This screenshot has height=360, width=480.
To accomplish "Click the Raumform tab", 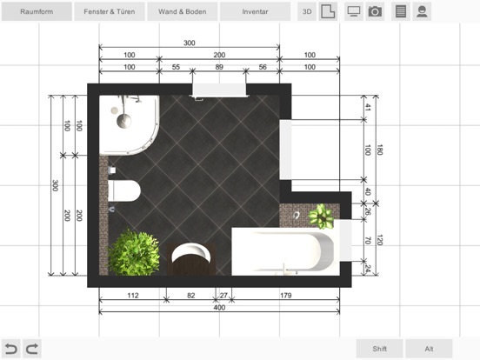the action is (x=37, y=11).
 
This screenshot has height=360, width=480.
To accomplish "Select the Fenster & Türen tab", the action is (x=110, y=11).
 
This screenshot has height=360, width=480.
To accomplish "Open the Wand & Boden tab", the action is (x=182, y=11).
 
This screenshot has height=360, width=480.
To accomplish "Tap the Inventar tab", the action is (x=255, y=11).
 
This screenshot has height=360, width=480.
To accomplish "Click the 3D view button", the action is (x=307, y=11).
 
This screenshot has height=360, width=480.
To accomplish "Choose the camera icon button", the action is (x=375, y=11).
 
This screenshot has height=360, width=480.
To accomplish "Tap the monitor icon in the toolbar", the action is (x=354, y=11).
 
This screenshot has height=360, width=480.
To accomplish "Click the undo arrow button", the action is (x=11, y=349).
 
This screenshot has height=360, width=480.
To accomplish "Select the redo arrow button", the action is (x=32, y=349).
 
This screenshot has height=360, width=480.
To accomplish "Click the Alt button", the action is (x=429, y=349).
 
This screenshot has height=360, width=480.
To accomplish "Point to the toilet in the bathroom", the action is (x=124, y=190).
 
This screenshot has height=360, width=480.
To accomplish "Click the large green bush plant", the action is (x=134, y=252).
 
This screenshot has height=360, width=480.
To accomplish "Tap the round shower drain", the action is (x=124, y=121).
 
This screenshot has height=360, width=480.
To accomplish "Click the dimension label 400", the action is (x=219, y=307).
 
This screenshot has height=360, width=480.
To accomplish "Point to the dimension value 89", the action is (x=219, y=67).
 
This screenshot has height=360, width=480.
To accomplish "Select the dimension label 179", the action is (x=285, y=296).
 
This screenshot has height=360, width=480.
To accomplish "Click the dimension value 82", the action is (x=191, y=296).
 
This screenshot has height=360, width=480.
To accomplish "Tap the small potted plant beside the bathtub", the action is (x=321, y=217).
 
